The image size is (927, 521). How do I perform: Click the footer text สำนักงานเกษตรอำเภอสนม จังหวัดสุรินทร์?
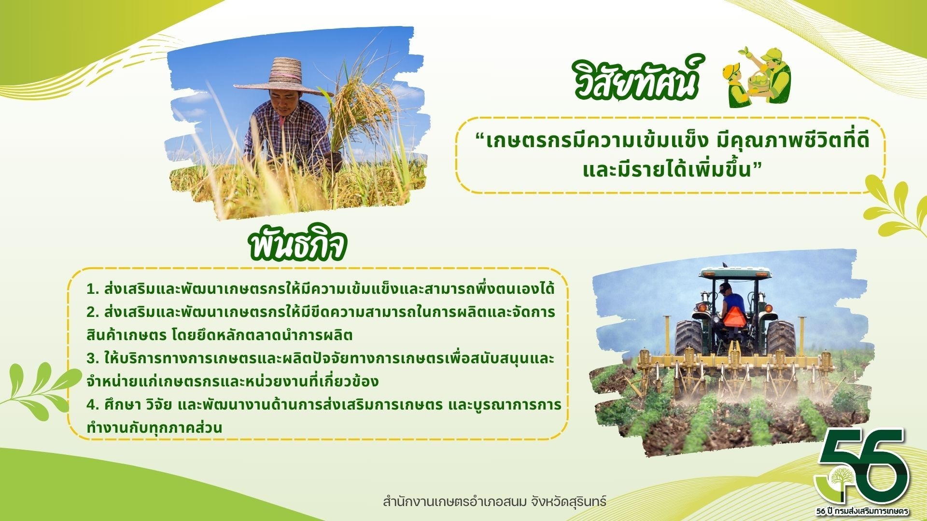point(494,501)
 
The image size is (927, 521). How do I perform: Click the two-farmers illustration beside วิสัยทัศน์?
point(756,77)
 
